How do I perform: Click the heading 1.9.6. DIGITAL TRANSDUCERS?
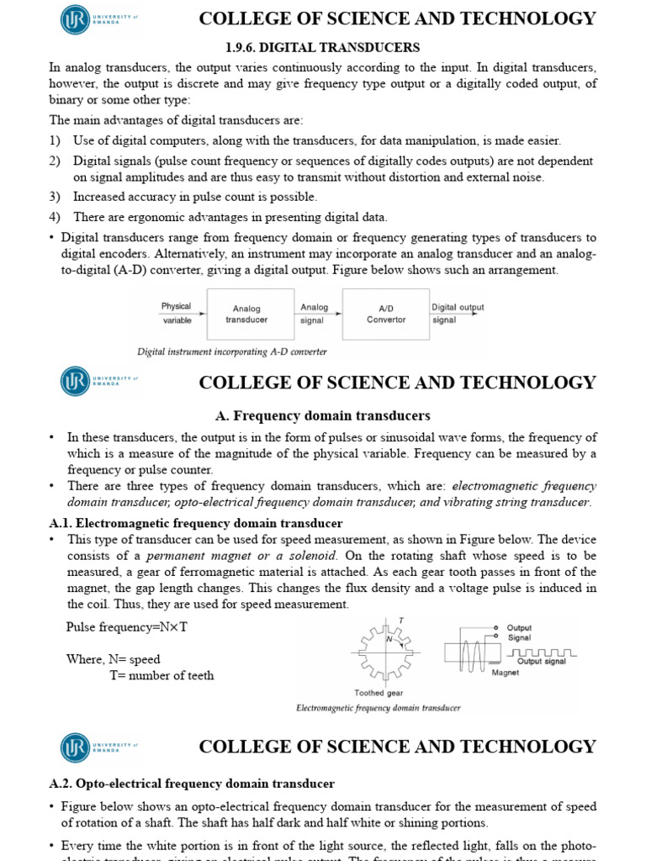pos(322,47)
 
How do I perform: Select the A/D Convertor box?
pos(386,314)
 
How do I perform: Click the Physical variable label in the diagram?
pos(177,313)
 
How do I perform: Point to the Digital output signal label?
pos(458,313)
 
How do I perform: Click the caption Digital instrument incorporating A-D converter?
pos(232,351)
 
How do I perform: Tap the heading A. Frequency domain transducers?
pos(323,415)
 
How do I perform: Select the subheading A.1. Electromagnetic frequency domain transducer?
pos(196,523)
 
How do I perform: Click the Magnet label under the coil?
pos(506,673)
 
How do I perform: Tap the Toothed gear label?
pos(379,693)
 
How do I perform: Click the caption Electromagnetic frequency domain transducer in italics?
pos(379,708)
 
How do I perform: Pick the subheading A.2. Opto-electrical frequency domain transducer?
pos(192,784)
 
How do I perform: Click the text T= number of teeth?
pos(161,675)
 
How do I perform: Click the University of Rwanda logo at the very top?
pos(76,19)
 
